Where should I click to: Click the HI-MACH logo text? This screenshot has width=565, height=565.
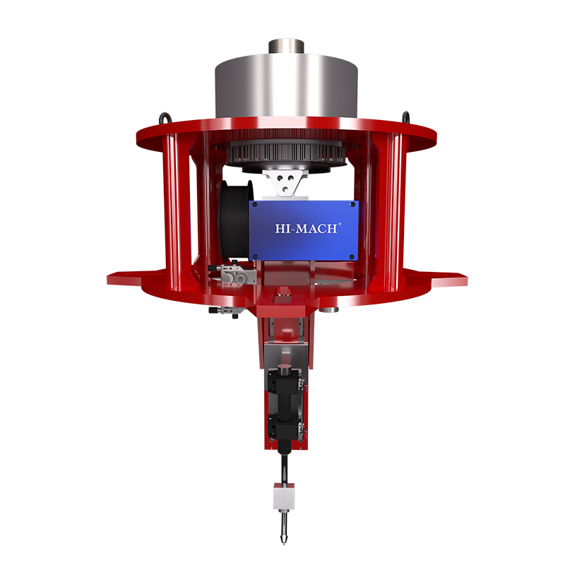pyautogui.click(x=307, y=228)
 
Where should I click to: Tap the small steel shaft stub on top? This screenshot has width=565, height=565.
pyautogui.click(x=287, y=47)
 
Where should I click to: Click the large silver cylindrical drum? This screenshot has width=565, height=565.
pyautogui.click(x=287, y=86)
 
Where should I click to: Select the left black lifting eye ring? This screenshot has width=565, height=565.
pyautogui.click(x=166, y=119)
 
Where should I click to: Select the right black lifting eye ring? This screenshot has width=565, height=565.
pyautogui.click(x=405, y=117)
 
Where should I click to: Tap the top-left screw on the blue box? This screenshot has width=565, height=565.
pyautogui.click(x=255, y=205)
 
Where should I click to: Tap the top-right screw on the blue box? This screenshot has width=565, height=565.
pyautogui.click(x=352, y=205)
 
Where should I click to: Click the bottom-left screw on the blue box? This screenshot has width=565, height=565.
pyautogui.click(x=255, y=256)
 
